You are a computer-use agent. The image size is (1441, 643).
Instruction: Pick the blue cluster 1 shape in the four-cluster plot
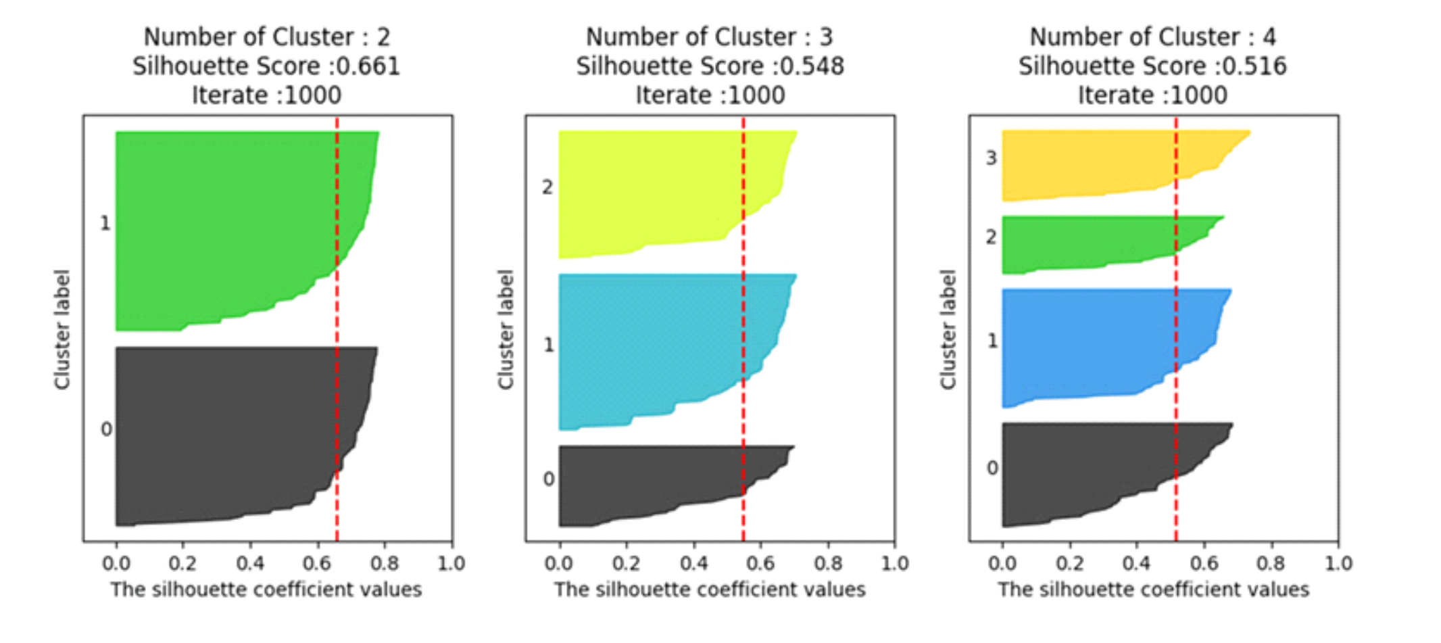click(x=1095, y=345)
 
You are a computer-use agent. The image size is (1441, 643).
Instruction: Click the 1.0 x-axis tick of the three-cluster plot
click(x=895, y=563)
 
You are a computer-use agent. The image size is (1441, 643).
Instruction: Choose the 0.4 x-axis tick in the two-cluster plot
click(x=250, y=563)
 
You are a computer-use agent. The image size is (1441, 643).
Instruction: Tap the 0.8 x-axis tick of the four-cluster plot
click(x=1271, y=563)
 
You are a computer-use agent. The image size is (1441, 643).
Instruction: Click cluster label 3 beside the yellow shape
click(x=991, y=158)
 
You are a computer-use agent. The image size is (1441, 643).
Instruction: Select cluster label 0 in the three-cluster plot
click(x=549, y=479)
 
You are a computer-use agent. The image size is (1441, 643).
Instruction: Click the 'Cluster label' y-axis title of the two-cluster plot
click(x=62, y=329)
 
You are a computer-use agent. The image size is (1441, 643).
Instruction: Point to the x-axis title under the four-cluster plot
click(x=1153, y=590)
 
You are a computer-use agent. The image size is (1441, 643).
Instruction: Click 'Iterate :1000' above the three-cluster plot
click(x=710, y=95)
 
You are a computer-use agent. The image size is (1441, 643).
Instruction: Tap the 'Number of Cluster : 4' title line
click(x=1153, y=37)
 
